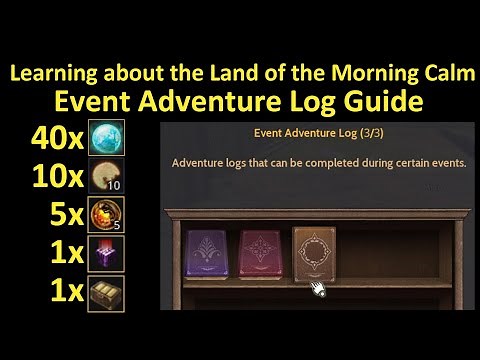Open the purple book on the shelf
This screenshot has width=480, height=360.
[207, 259]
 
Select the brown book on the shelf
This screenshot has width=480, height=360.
[315, 258]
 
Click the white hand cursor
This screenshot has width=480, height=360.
[320, 291]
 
